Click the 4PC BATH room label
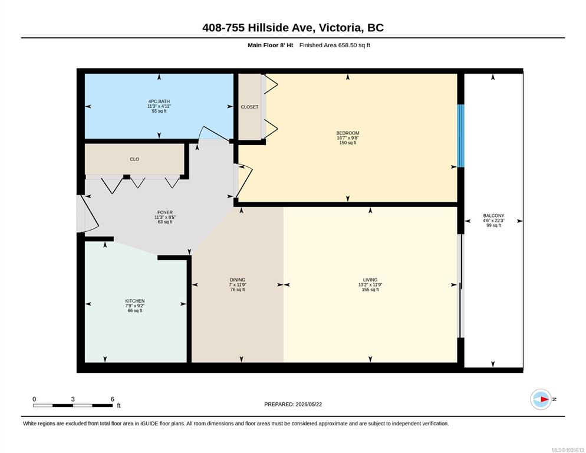[159, 101]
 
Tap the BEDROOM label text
[348, 133]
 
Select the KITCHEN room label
[135, 301]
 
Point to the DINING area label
[238, 280]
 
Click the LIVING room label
[370, 280]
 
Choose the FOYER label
[165, 212]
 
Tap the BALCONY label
[493, 216]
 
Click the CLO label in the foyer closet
[134, 159]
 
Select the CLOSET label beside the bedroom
[249, 107]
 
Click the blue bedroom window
[461, 136]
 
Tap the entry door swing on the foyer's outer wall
[89, 214]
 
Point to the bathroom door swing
[213, 134]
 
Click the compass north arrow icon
[541, 399]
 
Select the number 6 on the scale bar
[113, 399]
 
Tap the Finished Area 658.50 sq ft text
[335, 45]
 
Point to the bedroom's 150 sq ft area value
[348, 143]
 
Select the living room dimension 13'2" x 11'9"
[370, 285]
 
